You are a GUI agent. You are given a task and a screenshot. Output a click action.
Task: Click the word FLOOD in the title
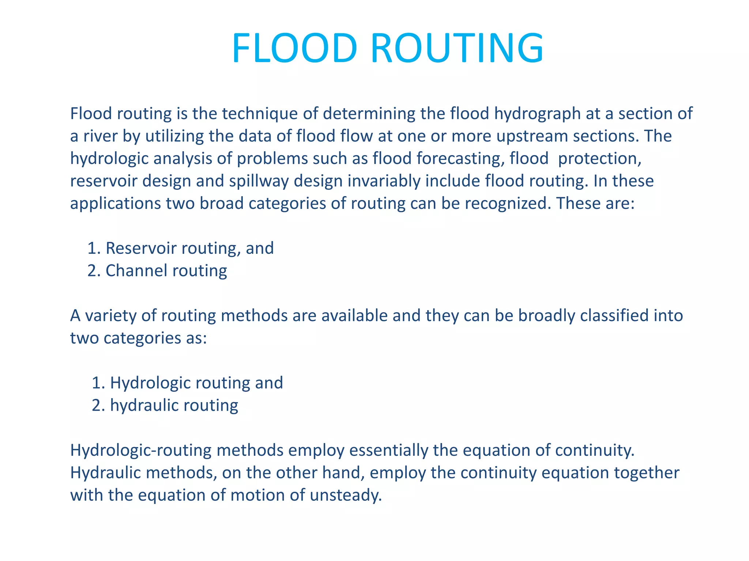(294, 49)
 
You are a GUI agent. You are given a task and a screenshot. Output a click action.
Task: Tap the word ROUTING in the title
(458, 49)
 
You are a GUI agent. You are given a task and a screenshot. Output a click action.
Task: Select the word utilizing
(175, 136)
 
